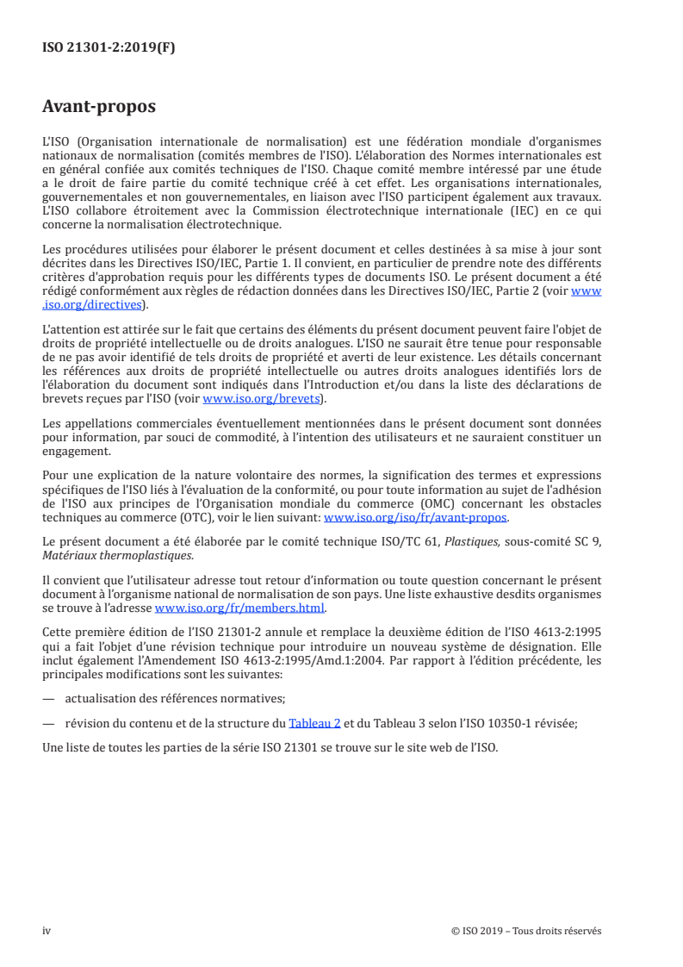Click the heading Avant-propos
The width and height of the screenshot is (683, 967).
pyautogui.click(x=99, y=107)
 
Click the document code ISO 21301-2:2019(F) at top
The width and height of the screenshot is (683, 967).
pyautogui.click(x=109, y=48)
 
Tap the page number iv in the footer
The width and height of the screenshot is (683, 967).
pyautogui.click(x=47, y=930)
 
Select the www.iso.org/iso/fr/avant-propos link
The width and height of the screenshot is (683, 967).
pyautogui.click(x=415, y=517)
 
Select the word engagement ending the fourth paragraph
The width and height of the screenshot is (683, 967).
pyautogui.click(x=76, y=451)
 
